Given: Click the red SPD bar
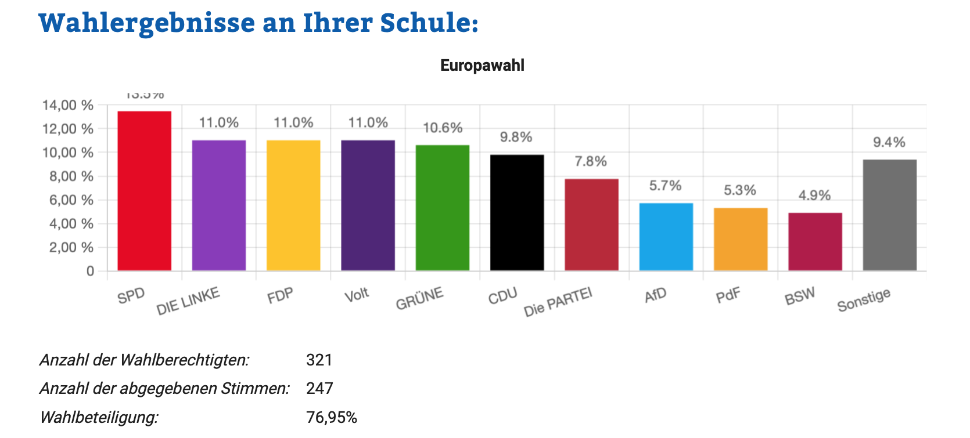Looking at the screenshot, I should tap(144, 191).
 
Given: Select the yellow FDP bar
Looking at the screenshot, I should tap(293, 205).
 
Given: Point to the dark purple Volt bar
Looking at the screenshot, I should tap(368, 205).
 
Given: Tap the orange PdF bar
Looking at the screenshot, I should tap(741, 239).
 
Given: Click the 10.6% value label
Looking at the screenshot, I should tap(443, 128).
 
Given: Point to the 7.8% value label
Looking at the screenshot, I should tap(591, 161).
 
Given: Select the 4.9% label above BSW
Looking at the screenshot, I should tap(814, 196).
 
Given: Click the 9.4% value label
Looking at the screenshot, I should tap(889, 142).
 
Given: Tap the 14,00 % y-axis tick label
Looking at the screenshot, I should tap(68, 106).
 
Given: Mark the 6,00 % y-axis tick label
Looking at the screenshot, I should tap(71, 200).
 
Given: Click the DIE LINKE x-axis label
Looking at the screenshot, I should tap(188, 301).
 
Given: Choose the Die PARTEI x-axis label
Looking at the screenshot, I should tap(558, 302).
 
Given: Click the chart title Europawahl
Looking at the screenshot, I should tap(482, 66).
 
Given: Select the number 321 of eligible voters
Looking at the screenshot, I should tap(319, 360).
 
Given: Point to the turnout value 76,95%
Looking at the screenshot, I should tap(331, 418).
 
